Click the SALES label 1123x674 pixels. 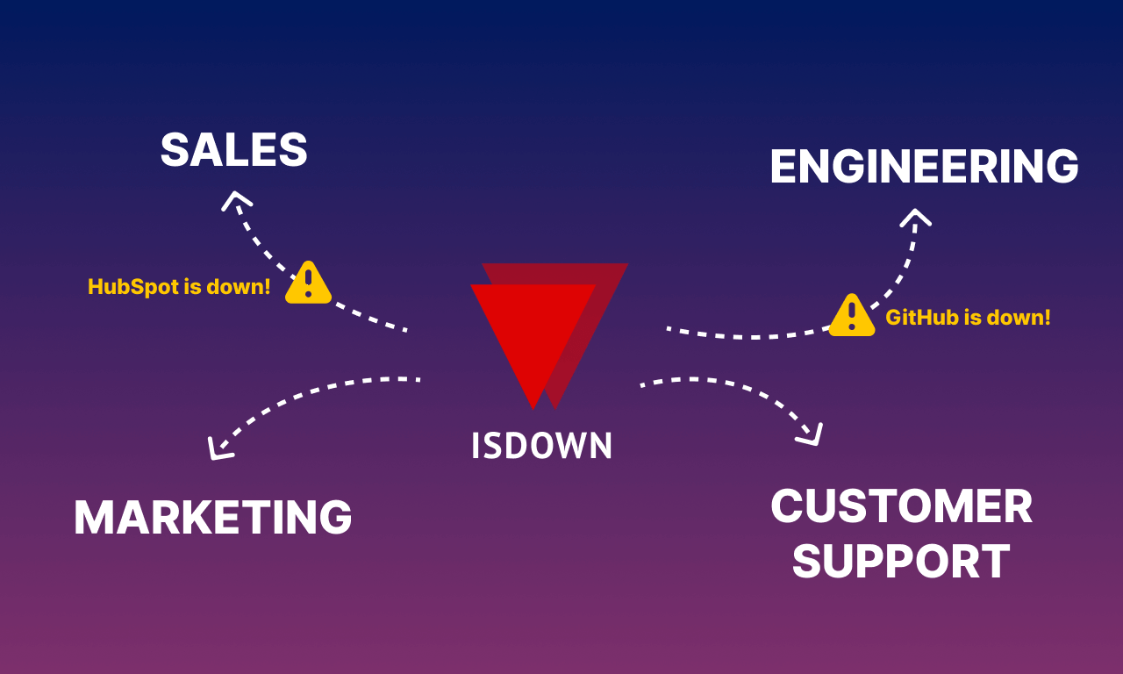[x=233, y=150]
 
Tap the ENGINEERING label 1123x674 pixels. [x=924, y=167]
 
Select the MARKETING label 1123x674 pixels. [x=212, y=518]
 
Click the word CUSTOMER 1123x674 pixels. [x=901, y=507]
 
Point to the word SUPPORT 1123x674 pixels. [x=901, y=562]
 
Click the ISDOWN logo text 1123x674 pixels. [x=541, y=446]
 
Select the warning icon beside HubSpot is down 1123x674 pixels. [x=308, y=283]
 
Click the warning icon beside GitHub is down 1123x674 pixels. [x=852, y=316]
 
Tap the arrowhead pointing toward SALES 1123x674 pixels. [x=235, y=200]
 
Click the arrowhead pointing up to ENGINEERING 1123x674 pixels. [x=915, y=217]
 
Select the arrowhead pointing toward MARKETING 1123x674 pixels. [x=218, y=449]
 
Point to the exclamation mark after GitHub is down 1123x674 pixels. [x=1046, y=318]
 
